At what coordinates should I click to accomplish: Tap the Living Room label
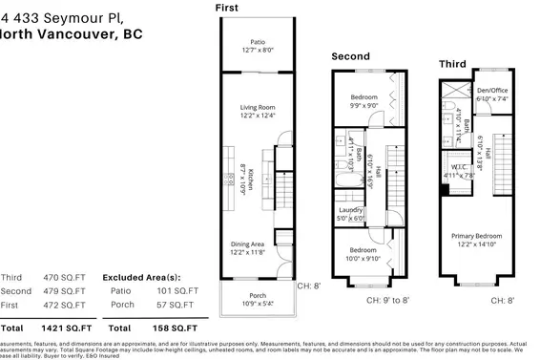(257, 109)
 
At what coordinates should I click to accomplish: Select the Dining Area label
(257, 244)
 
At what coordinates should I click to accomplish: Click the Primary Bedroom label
(475, 238)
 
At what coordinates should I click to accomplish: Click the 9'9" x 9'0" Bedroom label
(363, 97)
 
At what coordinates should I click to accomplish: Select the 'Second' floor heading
(350, 56)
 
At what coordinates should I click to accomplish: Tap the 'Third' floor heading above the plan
(451, 63)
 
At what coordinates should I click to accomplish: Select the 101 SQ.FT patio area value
(177, 289)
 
